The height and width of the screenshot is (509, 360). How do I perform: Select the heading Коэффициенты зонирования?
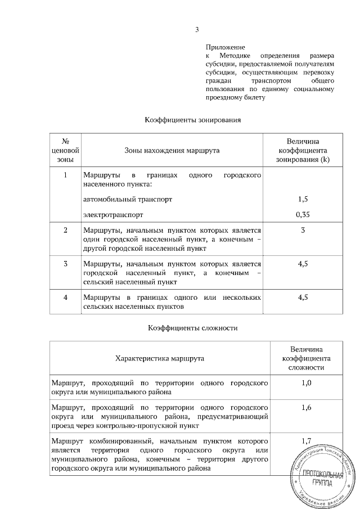point(193,120)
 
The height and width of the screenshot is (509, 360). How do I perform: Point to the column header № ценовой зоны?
point(65,150)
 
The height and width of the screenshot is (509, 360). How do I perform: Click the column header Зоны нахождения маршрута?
point(172,150)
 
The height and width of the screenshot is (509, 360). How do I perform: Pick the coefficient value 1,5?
point(303,199)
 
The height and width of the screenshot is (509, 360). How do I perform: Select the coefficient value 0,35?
point(303,214)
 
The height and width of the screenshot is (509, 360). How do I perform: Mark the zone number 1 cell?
point(65,175)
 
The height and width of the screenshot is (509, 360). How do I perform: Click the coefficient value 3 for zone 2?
point(303,230)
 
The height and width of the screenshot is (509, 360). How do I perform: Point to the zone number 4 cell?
point(65,296)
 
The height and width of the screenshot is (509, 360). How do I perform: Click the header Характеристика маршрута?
point(160,358)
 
